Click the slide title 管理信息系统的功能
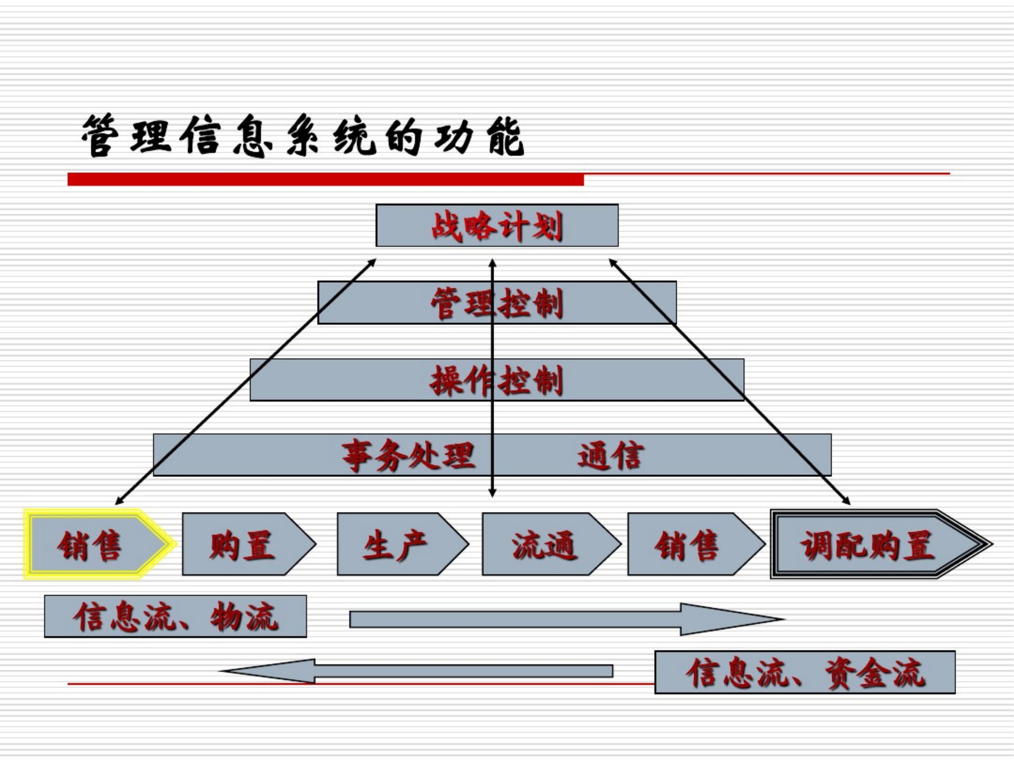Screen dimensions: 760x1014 tap(303, 136)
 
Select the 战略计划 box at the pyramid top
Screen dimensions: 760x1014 tap(497, 225)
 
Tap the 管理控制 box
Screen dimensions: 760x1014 tap(497, 303)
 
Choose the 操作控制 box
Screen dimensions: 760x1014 tap(497, 380)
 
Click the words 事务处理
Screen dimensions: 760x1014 tap(408, 455)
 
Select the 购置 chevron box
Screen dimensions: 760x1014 tap(243, 544)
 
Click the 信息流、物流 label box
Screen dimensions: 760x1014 tap(175, 616)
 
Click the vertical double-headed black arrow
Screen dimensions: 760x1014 tap(493, 412)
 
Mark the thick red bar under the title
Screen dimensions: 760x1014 tap(325, 179)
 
